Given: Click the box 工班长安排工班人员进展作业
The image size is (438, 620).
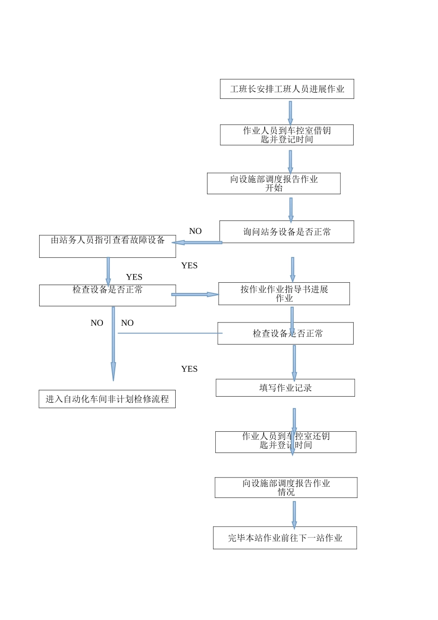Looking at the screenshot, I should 287,89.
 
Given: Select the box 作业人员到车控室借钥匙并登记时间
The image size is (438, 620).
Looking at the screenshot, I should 287,135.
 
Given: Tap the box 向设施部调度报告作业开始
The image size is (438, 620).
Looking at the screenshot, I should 273,183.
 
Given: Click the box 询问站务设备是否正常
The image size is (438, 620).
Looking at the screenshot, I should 287,232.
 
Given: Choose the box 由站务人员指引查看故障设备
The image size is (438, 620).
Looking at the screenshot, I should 107,246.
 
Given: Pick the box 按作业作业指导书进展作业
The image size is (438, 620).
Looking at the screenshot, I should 284,293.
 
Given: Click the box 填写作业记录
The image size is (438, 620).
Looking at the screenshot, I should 285,387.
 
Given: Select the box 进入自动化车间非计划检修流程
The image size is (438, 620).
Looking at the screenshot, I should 107,399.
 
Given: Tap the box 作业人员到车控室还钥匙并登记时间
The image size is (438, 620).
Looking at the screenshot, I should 285,442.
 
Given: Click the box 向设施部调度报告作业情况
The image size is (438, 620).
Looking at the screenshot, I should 286,488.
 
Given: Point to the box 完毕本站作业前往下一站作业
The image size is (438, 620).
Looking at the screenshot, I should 285,538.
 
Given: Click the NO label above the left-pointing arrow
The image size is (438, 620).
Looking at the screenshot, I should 195,231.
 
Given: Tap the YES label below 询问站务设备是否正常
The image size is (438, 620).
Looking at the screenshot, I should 189,265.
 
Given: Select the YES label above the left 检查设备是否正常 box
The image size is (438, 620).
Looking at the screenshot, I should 134,277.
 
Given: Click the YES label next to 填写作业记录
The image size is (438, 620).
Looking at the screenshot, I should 189,369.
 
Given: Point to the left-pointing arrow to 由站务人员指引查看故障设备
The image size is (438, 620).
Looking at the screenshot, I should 197,242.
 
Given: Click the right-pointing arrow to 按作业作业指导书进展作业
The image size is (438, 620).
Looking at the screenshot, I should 195,294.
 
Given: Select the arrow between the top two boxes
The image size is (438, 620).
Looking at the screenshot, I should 290,112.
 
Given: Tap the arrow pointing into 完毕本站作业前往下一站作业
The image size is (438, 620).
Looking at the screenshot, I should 294,514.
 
